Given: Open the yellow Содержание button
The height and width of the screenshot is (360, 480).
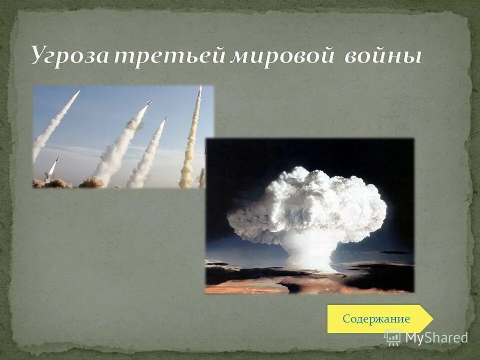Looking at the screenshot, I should pyautogui.click(x=376, y=319).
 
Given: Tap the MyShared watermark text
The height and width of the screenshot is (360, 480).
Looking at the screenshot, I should pyautogui.click(x=436, y=337).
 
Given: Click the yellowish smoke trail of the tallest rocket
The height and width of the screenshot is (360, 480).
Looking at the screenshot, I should pyautogui.click(x=190, y=145).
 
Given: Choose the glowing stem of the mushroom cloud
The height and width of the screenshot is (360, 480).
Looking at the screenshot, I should pyautogui.click(x=307, y=252).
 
